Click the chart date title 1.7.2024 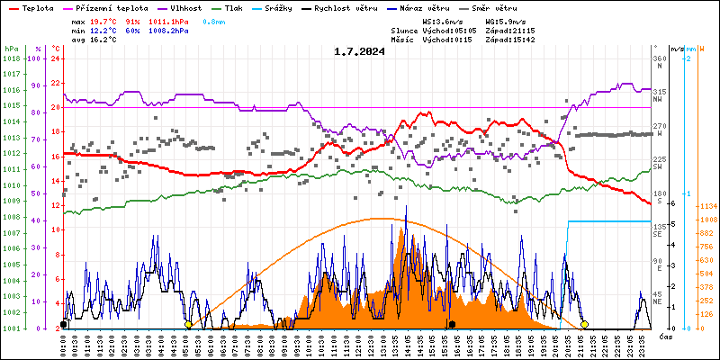click(359, 51)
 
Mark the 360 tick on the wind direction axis click(659, 58)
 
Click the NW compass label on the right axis click(659, 99)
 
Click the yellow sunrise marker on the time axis click(188, 324)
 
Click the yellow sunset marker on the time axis click(585, 324)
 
